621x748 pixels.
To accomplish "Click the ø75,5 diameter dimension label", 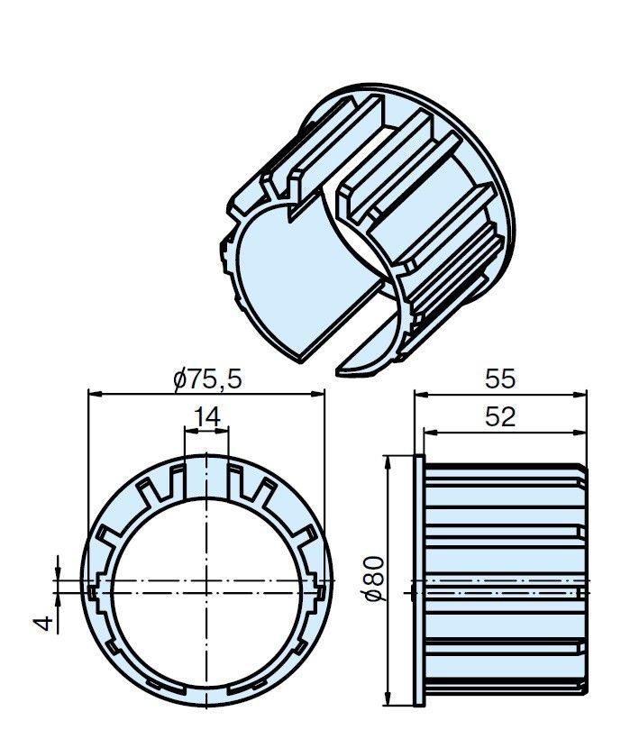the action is click(208, 379).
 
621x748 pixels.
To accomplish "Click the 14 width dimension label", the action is click(207, 417).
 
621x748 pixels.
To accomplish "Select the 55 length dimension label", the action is click(500, 379).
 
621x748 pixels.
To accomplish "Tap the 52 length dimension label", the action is click(500, 417).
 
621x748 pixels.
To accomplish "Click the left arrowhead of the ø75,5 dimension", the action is click(96, 394).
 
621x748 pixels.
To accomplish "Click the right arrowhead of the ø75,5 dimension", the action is click(317, 394).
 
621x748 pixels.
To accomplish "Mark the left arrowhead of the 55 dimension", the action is click(421, 394).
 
